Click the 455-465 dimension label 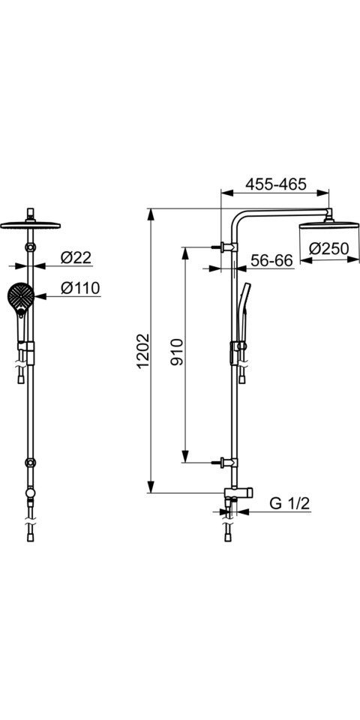click(x=275, y=184)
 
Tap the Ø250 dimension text click(x=328, y=248)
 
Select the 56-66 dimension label click(x=271, y=260)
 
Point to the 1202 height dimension click(x=143, y=351)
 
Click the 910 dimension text click(x=177, y=351)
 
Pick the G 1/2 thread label click(x=289, y=504)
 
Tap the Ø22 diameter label click(x=76, y=258)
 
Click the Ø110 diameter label click(x=80, y=288)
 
